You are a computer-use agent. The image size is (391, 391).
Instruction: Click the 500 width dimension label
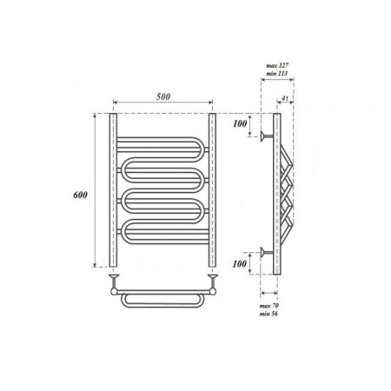tap(163, 96)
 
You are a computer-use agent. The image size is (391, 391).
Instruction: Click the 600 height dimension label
tap(80, 195)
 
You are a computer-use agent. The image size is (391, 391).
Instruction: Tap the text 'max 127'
tap(277, 65)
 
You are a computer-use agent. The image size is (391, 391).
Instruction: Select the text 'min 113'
tap(277, 73)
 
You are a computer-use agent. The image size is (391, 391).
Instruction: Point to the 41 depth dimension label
tap(285, 98)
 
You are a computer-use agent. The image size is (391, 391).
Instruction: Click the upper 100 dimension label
tap(240, 123)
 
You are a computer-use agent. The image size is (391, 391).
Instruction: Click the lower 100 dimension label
tap(240, 263)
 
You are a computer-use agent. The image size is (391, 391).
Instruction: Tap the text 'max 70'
tap(269, 306)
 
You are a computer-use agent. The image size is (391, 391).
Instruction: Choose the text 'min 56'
tap(268, 314)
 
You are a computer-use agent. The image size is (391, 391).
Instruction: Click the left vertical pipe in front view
tap(113, 190)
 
